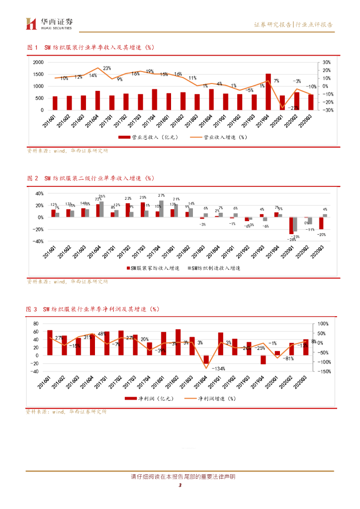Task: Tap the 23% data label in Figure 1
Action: coord(107,68)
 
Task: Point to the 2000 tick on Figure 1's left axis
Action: coord(38,63)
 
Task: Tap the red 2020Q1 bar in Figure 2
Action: coord(291,226)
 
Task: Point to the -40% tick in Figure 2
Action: coord(37,242)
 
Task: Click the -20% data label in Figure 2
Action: coord(322,234)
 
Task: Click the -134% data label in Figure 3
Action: coord(218,368)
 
